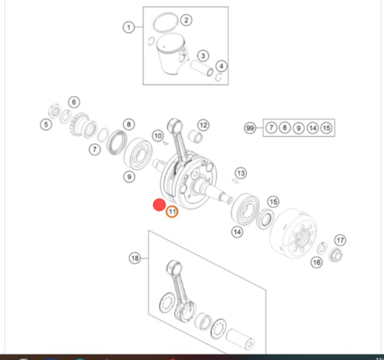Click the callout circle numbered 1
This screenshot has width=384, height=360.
[129, 27]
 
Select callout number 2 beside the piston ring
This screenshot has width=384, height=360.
[186, 20]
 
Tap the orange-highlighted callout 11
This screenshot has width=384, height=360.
[172, 211]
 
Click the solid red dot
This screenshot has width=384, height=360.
[159, 205]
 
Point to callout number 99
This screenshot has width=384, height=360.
[250, 128]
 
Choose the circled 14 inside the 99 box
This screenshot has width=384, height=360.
[313, 128]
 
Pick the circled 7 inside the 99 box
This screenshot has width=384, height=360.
[271, 128]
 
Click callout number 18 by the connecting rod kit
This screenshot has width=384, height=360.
[135, 258]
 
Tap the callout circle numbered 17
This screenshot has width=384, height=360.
[340, 240]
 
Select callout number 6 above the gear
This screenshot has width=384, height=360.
[74, 102]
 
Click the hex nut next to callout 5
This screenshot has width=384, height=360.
[55, 111]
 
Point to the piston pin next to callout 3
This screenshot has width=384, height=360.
[202, 68]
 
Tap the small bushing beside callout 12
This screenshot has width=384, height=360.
[196, 136]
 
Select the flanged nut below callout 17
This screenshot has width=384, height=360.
[336, 255]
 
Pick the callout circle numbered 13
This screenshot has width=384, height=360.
[241, 174]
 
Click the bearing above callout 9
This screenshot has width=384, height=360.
[138, 154]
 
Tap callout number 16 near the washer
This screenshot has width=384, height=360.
[316, 263]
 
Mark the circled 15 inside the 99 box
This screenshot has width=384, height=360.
[326, 128]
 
